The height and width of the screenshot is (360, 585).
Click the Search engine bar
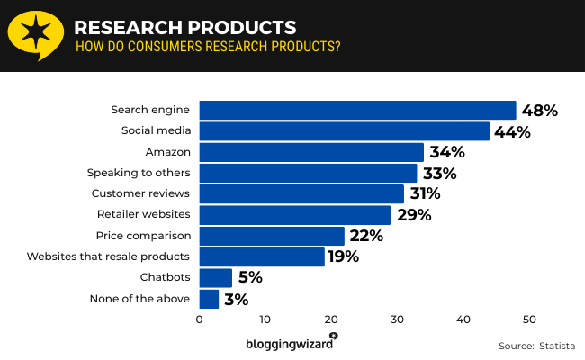(x=357, y=110)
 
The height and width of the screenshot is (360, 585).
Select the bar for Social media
(x=344, y=131)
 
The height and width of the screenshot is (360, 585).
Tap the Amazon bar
(x=310, y=152)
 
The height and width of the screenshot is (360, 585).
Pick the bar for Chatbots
(x=215, y=277)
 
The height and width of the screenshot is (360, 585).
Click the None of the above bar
(x=209, y=299)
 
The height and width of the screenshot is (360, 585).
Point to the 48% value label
(x=540, y=111)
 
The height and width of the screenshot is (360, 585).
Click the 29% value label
(x=414, y=215)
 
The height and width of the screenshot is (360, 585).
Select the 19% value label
(x=344, y=256)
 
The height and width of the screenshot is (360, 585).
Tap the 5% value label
(x=247, y=277)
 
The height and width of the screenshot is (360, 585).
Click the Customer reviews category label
(x=140, y=193)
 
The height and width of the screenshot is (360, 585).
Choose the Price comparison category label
(x=143, y=236)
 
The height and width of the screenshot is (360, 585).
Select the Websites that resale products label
(x=108, y=256)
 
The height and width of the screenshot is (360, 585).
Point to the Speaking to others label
(x=138, y=173)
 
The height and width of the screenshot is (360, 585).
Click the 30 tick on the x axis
(x=397, y=319)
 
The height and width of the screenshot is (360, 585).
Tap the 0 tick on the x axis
(x=199, y=319)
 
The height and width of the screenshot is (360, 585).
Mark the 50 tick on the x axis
(x=529, y=319)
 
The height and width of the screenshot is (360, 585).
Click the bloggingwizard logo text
(x=288, y=343)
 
